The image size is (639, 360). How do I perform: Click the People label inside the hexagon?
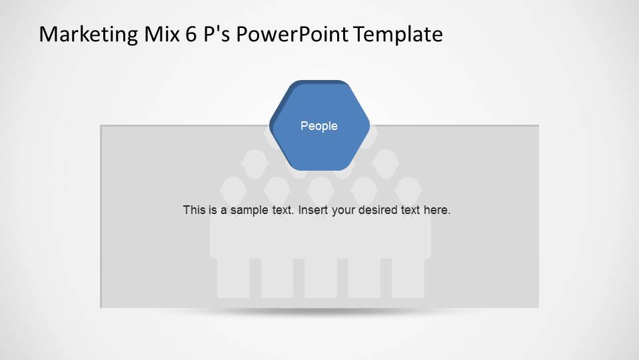(319, 126)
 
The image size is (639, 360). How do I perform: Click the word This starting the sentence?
(194, 210)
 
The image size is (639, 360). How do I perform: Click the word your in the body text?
(342, 210)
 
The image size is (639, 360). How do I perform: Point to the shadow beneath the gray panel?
(320, 312)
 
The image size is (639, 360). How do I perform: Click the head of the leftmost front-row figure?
(233, 189)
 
